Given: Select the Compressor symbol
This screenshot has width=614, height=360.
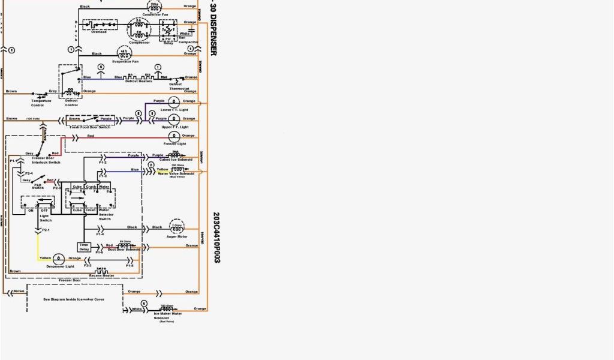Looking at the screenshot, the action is point(139,29).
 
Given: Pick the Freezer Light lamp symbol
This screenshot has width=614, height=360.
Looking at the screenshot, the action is point(173,136).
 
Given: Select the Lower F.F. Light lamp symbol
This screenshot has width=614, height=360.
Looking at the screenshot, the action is point(173,101).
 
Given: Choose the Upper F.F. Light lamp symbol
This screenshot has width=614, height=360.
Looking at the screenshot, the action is point(173,118).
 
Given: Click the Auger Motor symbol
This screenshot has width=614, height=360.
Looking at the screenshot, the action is point(176,227).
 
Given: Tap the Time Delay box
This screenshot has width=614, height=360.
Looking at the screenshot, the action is point(84,247).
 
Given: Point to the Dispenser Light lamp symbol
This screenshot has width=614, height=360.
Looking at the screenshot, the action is point(59,257).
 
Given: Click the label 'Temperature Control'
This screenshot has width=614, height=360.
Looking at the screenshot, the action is point(41,103).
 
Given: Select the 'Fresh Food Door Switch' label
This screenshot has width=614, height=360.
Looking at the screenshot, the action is point(91,127).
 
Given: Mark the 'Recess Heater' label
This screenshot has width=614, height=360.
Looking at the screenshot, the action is point(102,275).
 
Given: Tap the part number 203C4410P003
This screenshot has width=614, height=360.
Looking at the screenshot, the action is point(215,237).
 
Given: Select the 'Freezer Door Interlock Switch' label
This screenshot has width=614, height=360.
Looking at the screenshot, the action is point(46,160).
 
